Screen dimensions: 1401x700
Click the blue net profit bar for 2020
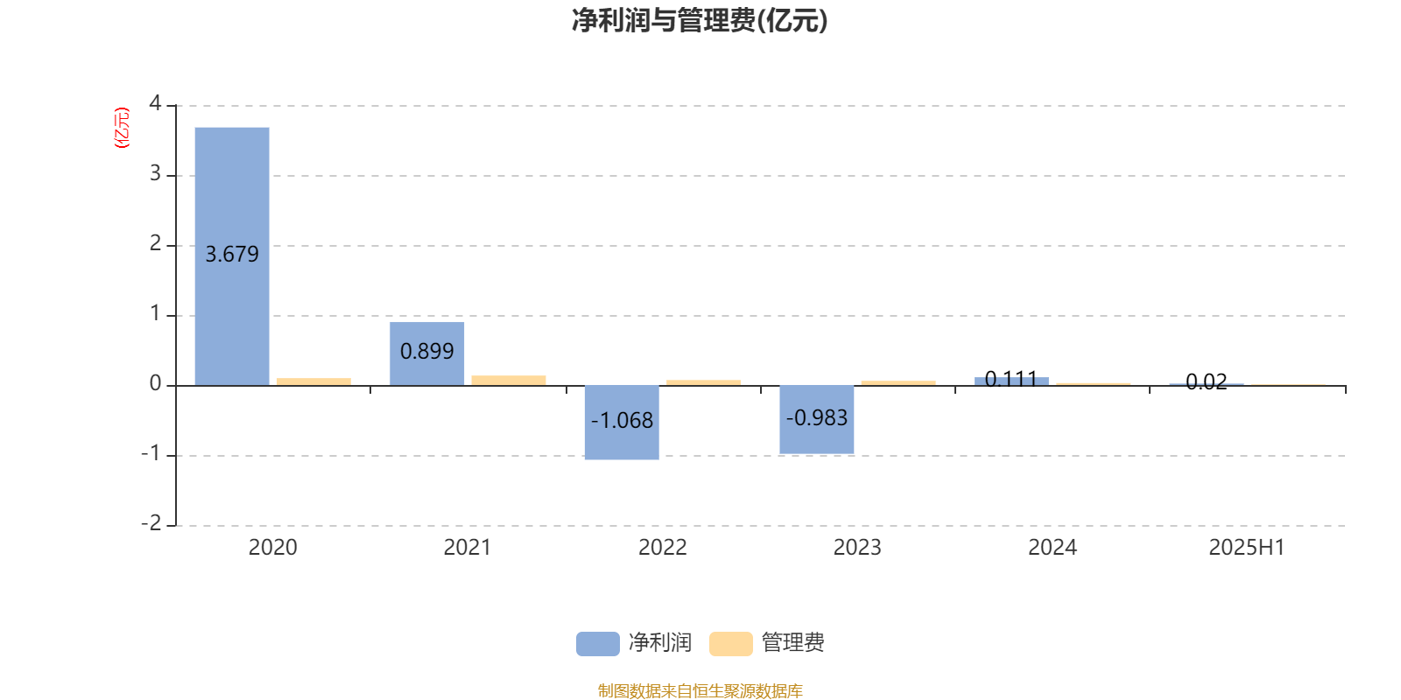coord(232,256)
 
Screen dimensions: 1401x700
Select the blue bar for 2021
coord(427,353)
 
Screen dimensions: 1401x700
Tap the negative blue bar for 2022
coord(622,423)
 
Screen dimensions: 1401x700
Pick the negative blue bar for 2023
coord(817,419)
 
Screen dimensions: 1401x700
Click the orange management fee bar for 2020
coord(314,381)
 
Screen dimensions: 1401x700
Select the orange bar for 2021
coord(509,381)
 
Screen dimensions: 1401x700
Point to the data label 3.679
coord(232,255)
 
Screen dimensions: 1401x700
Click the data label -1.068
coord(622,421)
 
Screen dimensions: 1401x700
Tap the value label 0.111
coord(1011,379)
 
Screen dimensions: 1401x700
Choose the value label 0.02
coord(1207,381)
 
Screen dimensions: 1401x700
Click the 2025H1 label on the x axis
coord(1247,548)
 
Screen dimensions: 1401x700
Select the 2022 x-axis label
coord(662,548)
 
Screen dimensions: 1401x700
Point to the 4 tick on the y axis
coord(155,103)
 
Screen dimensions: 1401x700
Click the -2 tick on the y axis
coord(151,523)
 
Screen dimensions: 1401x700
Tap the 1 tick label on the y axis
coord(155,313)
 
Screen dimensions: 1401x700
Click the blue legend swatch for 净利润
coord(598,644)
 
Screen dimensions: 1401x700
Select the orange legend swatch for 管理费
coord(730,644)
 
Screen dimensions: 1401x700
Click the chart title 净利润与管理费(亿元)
coord(700,21)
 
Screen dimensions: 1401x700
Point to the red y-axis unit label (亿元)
coord(122,128)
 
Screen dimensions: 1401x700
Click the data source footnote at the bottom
coord(700,690)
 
